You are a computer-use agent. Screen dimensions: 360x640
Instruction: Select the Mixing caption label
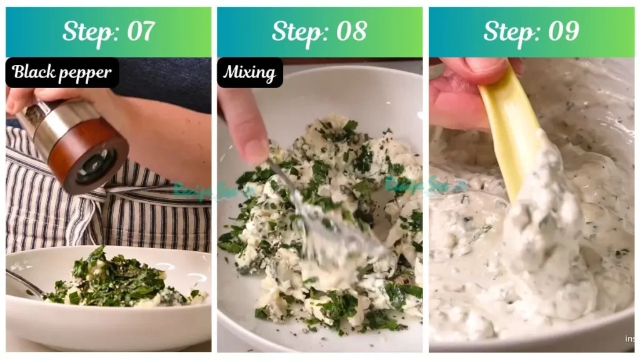tap(249, 72)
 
